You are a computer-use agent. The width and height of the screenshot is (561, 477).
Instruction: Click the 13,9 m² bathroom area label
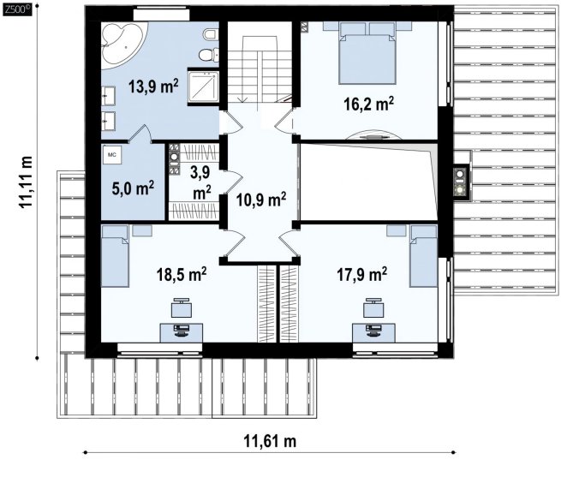[153, 86]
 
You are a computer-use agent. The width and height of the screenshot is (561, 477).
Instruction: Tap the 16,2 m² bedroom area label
[369, 104]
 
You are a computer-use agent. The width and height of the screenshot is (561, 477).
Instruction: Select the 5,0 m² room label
[133, 188]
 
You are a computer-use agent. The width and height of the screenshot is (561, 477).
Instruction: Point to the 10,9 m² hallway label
[261, 200]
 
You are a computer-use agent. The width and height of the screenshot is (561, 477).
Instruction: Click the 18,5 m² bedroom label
[182, 274]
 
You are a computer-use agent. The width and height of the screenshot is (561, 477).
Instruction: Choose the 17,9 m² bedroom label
[361, 274]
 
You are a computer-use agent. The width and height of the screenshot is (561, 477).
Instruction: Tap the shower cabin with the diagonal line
[203, 86]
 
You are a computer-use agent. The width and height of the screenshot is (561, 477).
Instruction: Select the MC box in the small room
[112, 155]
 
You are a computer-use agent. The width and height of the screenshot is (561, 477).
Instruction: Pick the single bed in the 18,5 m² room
[115, 256]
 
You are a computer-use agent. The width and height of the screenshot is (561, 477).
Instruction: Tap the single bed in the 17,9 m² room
[424, 256]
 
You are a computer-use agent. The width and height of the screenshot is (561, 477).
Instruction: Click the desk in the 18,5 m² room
[182, 332]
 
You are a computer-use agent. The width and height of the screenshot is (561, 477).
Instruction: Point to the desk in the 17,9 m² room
[373, 332]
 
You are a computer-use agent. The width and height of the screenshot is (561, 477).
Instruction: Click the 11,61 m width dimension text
[270, 441]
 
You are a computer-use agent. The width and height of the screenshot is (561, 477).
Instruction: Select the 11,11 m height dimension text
[26, 182]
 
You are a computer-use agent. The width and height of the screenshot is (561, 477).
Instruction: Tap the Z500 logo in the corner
[17, 10]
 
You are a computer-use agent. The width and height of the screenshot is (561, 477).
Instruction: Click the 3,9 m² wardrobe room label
[201, 182]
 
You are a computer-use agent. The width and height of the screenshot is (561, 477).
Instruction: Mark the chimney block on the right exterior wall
[460, 182]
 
